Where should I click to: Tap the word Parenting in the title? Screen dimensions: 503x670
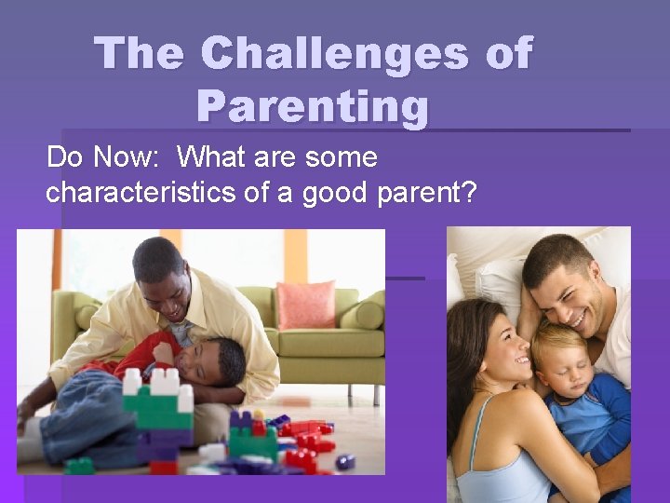[313, 106]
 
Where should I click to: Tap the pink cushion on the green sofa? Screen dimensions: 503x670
[305, 304]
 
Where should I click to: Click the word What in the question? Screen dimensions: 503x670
[211, 156]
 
